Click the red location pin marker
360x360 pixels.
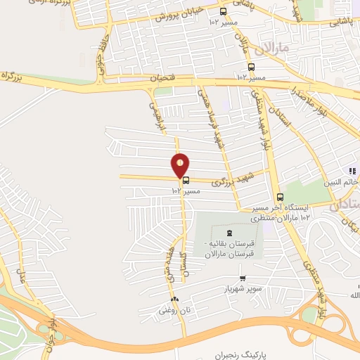point(181,164)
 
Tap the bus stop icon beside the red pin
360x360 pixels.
point(186,180)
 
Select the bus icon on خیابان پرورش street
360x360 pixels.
point(224,11)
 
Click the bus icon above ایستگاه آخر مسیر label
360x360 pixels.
point(281,197)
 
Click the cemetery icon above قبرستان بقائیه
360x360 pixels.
point(228,233)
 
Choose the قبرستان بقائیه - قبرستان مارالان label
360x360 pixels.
point(226,248)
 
